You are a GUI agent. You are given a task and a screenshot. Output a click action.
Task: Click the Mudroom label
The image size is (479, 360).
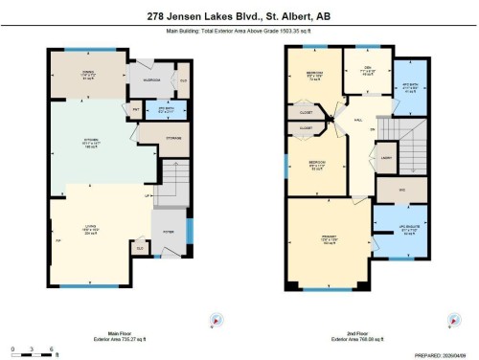(151, 80)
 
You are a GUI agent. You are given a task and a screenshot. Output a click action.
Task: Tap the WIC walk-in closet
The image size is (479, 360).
(388, 190)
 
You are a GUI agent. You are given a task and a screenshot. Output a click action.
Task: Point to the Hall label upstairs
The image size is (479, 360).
(356, 121)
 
